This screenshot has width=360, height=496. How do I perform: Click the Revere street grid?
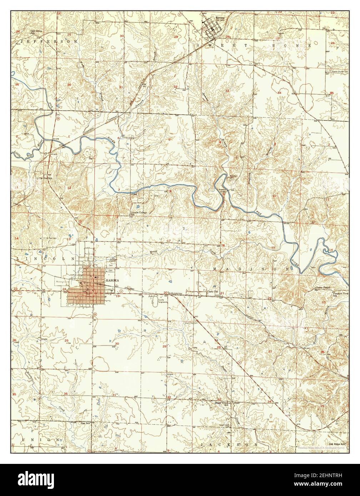coord(212,26)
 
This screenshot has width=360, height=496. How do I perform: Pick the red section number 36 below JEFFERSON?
coord(69,85)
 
